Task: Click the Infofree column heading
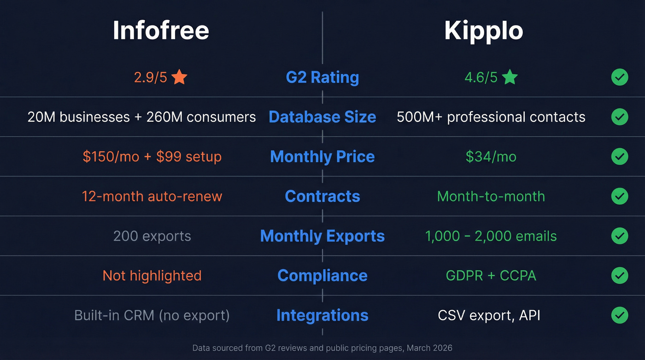[x=161, y=31]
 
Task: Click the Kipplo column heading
[x=484, y=31]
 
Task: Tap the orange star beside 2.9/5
[x=179, y=77]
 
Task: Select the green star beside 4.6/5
[x=510, y=77]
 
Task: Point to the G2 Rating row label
[x=322, y=77]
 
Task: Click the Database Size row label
[x=322, y=117]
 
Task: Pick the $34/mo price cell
[x=491, y=157]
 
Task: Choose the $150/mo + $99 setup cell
[x=152, y=157]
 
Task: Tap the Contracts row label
[x=322, y=196]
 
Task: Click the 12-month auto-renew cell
[x=152, y=196]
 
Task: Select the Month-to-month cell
[x=491, y=196]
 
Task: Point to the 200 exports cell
[x=152, y=236]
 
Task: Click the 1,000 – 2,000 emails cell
[x=491, y=236]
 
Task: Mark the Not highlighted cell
[x=152, y=276]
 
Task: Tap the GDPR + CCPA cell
[x=491, y=276]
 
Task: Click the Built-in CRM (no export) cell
[x=152, y=315]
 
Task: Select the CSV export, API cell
[x=489, y=315]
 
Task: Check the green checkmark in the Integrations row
[x=620, y=315]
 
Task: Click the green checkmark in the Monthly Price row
[x=620, y=157]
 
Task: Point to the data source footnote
[x=322, y=348]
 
